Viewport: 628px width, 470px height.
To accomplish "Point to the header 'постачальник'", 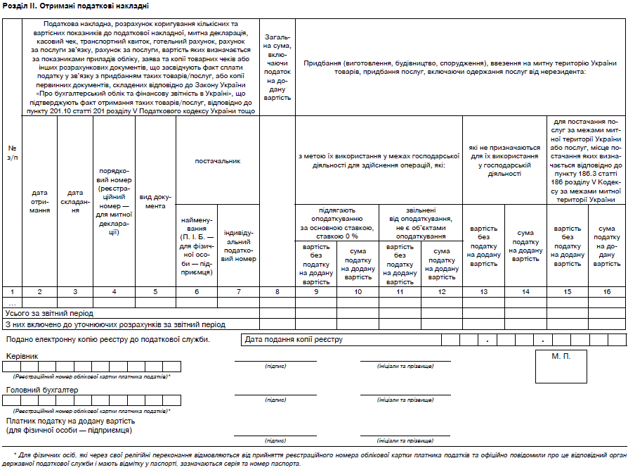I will coord(218,161).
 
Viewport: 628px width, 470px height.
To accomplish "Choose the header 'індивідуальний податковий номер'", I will coord(239,246).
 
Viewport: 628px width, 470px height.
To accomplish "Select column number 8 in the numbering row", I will coord(277,291).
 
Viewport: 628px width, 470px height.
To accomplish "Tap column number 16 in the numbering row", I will coord(606,291).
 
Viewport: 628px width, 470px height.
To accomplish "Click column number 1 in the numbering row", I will coord(12,291).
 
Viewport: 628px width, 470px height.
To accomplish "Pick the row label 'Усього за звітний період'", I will coord(49,313).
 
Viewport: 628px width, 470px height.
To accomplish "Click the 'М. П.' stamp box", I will coord(561,356).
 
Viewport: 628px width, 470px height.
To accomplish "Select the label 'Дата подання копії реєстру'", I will coord(294,340).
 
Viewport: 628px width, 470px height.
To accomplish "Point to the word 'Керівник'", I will coord(22,356).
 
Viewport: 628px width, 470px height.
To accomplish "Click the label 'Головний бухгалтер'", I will coord(42,389).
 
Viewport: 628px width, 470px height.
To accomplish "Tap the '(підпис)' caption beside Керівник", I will coord(275,367).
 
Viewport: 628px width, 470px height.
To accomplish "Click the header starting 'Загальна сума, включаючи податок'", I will coord(277,66).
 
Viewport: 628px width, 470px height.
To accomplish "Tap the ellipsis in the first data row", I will coord(12,303).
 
